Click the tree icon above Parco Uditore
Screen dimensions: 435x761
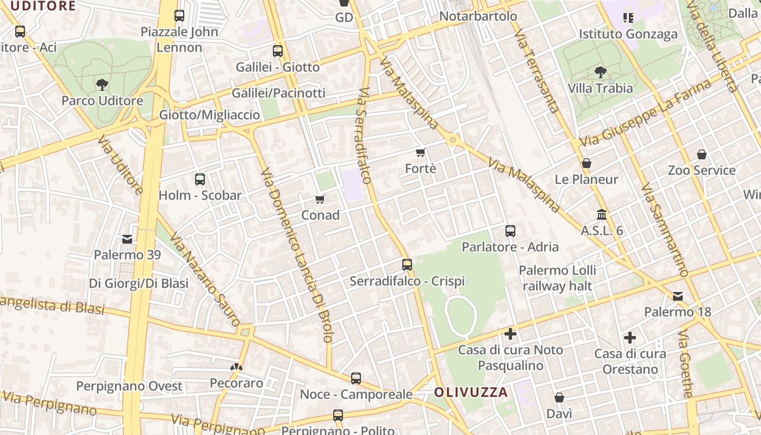[102, 84]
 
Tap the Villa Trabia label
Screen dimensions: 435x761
[600, 88]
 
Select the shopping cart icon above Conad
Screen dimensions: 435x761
[320, 200]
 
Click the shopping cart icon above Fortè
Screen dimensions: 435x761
[420, 153]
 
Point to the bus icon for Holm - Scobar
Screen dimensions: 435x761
[200, 179]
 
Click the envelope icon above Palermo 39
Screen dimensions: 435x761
[127, 239]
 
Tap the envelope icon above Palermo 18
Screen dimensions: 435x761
[678, 296]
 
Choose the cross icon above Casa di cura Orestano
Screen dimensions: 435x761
[630, 338]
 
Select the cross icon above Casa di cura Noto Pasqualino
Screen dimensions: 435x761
[510, 333]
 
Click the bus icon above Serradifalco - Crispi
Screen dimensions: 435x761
[407, 265]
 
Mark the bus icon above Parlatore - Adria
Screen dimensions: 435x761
[510, 231]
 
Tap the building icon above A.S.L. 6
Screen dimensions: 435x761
[602, 214]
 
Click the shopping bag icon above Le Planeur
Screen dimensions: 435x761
[587, 163]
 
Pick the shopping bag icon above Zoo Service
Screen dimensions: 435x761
[702, 154]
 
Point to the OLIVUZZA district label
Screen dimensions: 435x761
[471, 392]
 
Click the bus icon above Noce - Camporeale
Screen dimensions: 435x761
[356, 378]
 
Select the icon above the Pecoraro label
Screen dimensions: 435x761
[236, 367]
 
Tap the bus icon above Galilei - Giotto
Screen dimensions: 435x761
[278, 51]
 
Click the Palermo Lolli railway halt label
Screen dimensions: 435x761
[557, 278]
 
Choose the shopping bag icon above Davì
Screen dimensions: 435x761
[559, 398]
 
